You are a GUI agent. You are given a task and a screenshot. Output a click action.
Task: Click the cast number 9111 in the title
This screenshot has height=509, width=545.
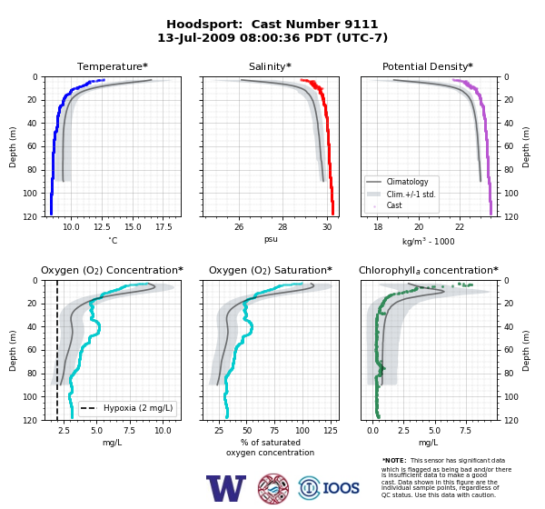click(x=361, y=25)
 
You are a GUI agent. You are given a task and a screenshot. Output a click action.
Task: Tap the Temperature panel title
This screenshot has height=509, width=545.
click(x=113, y=66)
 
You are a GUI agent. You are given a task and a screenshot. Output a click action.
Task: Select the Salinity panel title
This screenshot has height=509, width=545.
click(x=270, y=66)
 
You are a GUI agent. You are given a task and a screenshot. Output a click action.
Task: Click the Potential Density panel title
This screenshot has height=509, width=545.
click(x=428, y=66)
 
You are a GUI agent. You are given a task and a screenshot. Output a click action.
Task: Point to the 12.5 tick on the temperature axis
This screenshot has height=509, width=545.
click(x=102, y=227)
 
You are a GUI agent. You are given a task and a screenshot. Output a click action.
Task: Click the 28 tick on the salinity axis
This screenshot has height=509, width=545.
click(x=282, y=227)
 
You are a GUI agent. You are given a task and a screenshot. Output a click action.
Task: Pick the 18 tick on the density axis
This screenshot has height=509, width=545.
click(x=378, y=227)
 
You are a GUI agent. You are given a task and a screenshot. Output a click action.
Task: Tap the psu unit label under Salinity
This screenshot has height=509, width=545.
click(x=271, y=239)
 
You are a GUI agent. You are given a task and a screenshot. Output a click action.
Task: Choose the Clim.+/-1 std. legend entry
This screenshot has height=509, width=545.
click(x=401, y=195)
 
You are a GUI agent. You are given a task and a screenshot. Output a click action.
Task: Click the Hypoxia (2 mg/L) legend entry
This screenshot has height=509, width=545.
click(x=127, y=408)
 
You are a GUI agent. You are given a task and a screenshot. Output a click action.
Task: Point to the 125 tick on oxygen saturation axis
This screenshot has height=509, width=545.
click(x=331, y=431)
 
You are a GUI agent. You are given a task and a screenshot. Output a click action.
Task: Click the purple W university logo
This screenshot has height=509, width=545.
click(x=226, y=488)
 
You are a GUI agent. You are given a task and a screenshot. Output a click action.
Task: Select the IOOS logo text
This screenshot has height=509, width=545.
click(x=342, y=488)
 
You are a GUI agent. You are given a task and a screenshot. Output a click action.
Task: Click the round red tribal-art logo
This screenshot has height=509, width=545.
click(x=273, y=488)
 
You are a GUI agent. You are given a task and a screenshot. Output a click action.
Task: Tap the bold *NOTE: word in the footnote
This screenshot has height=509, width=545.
click(x=394, y=460)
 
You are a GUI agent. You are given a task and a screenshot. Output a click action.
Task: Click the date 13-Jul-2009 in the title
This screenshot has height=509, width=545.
click(x=196, y=37)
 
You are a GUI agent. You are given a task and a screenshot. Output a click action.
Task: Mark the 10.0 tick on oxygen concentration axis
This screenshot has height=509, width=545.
click(x=163, y=431)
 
